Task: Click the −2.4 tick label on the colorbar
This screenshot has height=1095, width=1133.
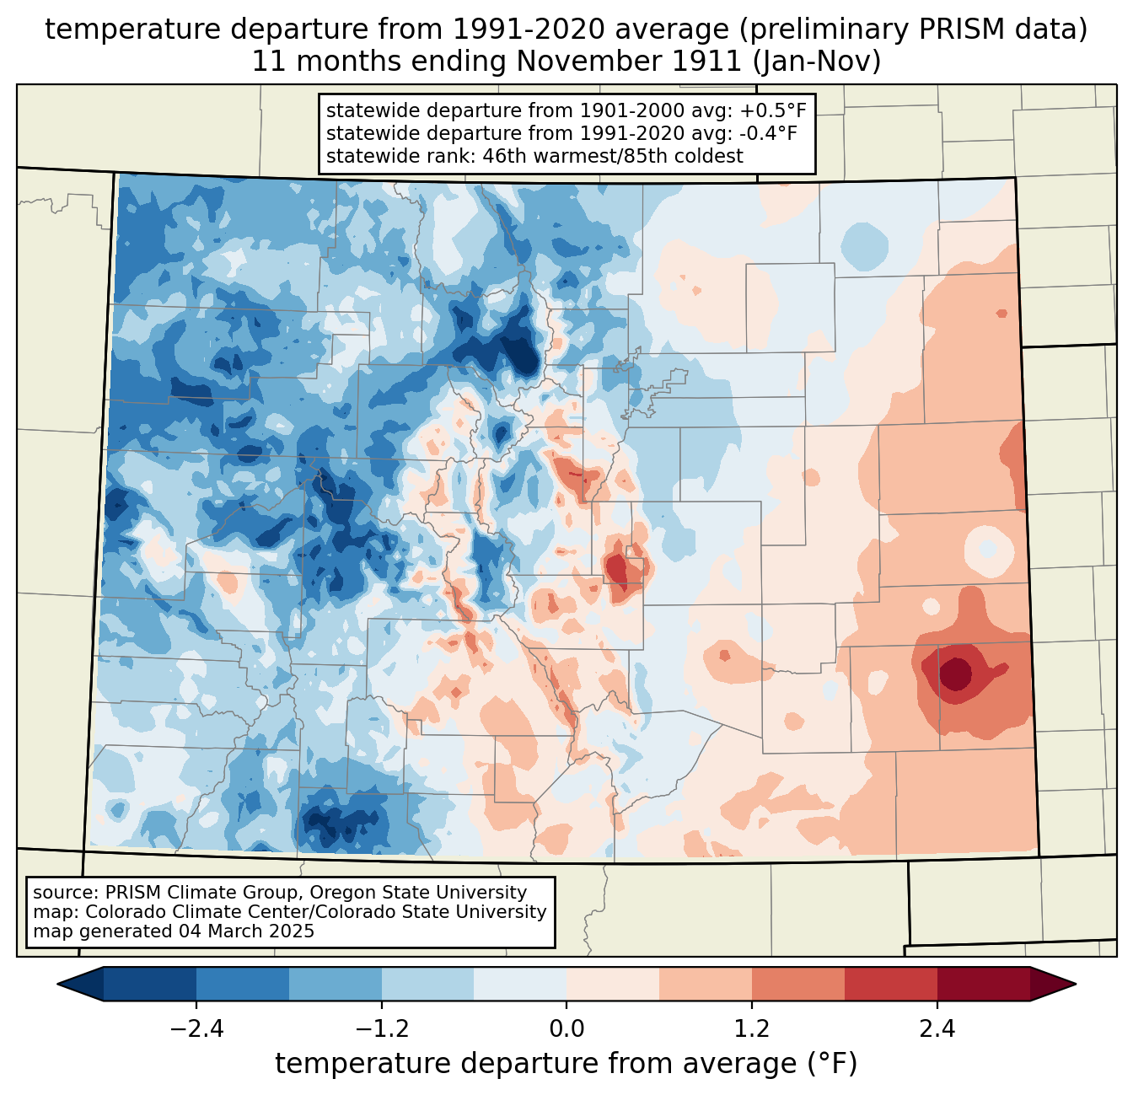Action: pos(196,1029)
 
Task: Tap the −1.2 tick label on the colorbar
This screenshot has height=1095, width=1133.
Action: pos(382,1029)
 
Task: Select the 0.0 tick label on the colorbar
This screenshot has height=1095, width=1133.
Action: pos(566,1029)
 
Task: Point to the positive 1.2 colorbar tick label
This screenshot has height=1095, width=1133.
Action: pos(752,1029)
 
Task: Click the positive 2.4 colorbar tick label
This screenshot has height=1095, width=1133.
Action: pos(937,1029)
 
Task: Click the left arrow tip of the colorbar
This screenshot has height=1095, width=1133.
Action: pos(57,985)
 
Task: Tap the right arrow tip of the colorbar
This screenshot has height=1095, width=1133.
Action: pos(1076,985)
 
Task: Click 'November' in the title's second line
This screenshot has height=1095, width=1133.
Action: pos(589,62)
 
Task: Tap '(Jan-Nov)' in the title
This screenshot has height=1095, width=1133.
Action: pos(817,62)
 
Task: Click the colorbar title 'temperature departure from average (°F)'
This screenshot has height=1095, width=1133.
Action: pos(566,1064)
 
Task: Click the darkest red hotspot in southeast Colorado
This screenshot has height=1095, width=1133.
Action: pos(956,674)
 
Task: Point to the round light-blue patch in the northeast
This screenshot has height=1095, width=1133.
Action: pos(865,246)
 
